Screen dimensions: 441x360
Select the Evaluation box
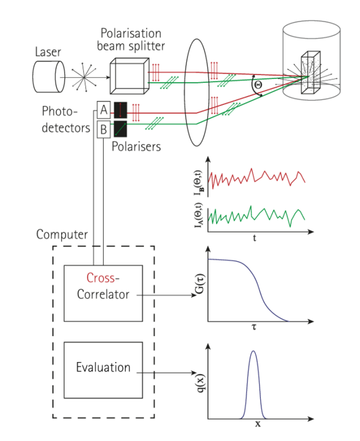104,367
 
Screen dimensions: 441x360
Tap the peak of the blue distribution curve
253,353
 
